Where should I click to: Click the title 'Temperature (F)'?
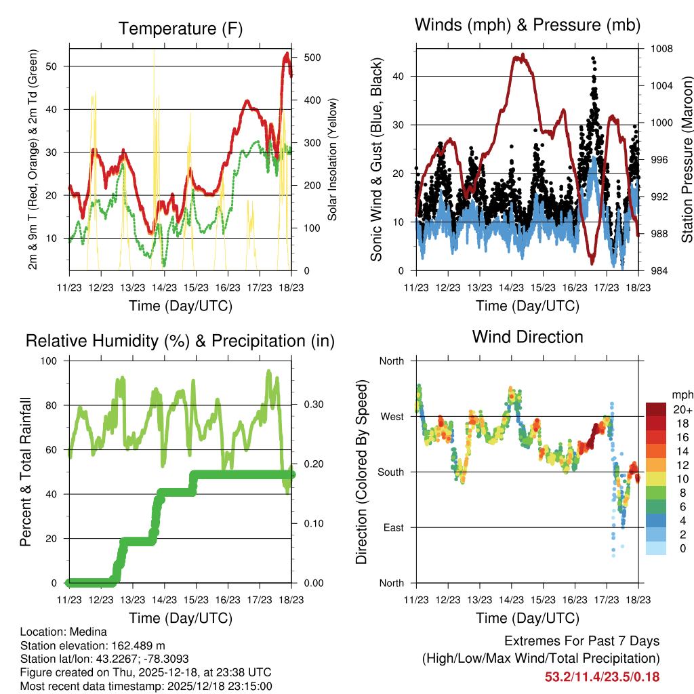180,28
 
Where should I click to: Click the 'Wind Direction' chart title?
527,337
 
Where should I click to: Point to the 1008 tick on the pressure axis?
662,49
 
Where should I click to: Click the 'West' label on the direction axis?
391,416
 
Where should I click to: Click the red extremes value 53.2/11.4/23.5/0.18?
602,676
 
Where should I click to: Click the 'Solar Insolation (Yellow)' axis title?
332,160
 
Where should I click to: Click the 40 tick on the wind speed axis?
401,76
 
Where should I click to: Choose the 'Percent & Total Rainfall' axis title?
26,472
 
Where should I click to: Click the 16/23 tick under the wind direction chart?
575,600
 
